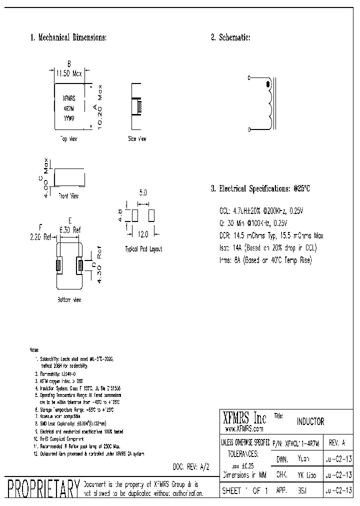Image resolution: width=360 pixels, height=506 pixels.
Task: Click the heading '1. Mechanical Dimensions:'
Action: point(68,37)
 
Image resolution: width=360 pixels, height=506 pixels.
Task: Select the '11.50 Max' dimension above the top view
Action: point(68,73)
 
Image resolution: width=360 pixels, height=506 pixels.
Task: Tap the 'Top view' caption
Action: point(68,138)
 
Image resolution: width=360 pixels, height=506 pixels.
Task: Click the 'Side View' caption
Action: point(137,138)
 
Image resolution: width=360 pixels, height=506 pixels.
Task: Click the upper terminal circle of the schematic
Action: point(250,78)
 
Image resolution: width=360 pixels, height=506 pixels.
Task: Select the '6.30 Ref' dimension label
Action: point(70,230)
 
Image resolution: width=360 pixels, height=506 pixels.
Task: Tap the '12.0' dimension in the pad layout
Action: point(143,234)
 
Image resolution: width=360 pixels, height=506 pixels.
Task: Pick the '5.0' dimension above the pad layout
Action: point(143,192)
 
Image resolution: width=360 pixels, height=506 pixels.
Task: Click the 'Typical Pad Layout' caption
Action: point(143,249)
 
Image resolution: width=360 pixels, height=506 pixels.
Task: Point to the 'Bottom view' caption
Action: point(69,300)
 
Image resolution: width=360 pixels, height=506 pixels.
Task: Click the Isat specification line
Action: point(268,247)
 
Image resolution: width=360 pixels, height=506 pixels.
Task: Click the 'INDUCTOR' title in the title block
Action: point(310,422)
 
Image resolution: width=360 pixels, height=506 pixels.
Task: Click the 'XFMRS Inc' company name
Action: point(244,418)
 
